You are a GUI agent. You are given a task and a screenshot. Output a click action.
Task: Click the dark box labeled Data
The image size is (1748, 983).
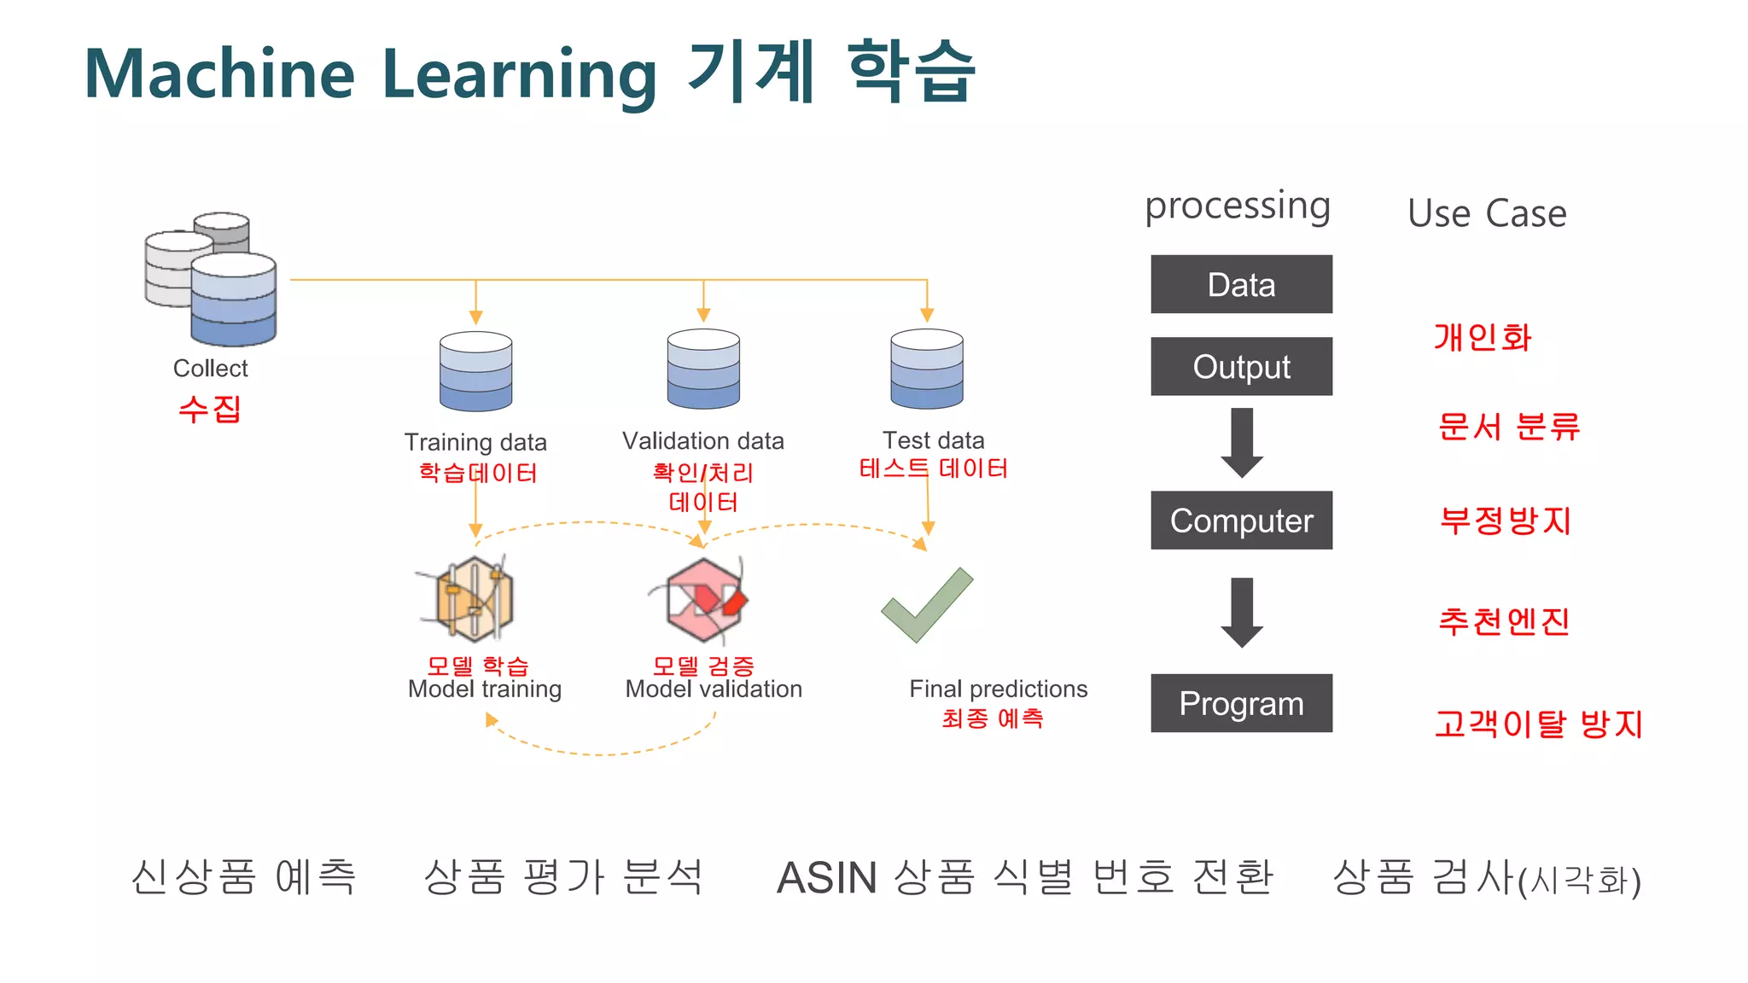point(1241,284)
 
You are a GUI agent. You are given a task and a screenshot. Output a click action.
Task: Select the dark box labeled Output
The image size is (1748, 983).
point(1241,367)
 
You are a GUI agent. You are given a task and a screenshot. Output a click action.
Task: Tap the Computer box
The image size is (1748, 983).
point(1241,521)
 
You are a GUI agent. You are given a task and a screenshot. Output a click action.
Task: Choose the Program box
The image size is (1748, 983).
point(1241,703)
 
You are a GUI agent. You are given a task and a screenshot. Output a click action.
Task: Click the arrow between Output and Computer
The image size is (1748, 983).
point(1242,443)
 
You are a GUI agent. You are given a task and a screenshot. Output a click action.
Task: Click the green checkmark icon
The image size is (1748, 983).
point(927,606)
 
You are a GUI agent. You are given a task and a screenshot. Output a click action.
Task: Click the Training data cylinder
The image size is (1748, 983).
point(475,372)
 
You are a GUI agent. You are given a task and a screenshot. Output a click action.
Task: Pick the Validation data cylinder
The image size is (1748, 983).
point(703,369)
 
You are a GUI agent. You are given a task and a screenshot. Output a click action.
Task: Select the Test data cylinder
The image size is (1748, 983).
point(927,369)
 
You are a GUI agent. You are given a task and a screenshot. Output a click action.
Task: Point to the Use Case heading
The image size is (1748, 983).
point(1487,213)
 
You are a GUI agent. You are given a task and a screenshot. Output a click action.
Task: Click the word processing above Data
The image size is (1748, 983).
point(1238,206)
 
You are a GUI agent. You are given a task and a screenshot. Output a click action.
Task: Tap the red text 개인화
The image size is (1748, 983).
point(1483,338)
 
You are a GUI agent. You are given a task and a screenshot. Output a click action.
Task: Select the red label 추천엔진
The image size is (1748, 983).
point(1504,621)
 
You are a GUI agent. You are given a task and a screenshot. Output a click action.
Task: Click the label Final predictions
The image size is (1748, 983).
point(998,689)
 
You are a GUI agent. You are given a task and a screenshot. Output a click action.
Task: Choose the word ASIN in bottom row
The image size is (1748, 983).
point(826,878)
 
